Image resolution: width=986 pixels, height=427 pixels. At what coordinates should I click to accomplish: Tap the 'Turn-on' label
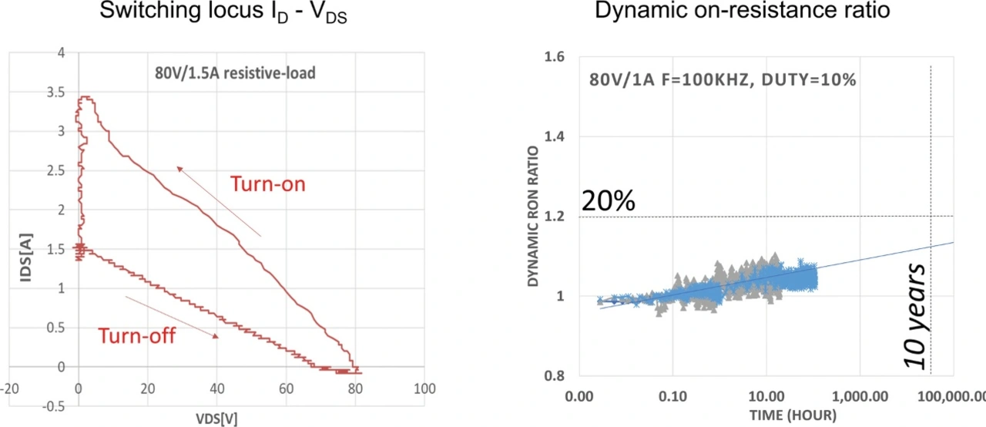pyautogui.click(x=268, y=184)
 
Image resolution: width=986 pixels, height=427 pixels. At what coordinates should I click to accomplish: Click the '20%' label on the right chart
pyautogui.click(x=609, y=201)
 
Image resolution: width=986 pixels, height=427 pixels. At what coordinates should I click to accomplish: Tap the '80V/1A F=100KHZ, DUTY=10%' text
pyautogui.click(x=723, y=80)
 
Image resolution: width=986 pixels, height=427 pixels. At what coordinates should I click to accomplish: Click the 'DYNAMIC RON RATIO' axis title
pyautogui.click(x=533, y=217)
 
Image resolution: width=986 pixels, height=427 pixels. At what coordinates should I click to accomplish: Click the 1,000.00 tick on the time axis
pyautogui.click(x=860, y=397)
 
